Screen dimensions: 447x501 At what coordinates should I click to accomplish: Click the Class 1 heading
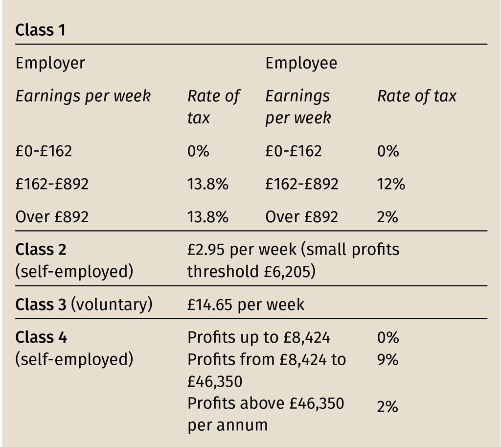pos(41,30)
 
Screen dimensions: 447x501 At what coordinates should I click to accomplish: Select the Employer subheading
pos(50,63)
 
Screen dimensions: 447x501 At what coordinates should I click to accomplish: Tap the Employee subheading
pos(301,63)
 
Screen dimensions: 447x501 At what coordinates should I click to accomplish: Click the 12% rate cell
pos(391,184)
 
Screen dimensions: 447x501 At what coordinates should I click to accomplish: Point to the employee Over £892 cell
pos(301,216)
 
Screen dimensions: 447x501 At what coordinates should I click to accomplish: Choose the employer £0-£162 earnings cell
pos(44,150)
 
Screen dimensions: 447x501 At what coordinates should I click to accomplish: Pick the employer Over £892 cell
pos(52,216)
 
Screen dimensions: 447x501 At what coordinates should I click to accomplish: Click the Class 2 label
pos(41,249)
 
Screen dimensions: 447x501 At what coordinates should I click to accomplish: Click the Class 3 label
pos(41,304)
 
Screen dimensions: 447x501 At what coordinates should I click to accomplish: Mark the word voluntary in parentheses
pos(112,304)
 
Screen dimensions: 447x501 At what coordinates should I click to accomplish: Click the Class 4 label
pos(41,337)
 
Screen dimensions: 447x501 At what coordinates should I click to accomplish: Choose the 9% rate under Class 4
pos(387,360)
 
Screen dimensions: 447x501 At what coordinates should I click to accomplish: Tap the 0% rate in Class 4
pos(387,337)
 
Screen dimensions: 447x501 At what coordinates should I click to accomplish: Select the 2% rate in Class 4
pos(387,406)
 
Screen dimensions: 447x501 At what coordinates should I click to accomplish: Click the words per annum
pos(228,424)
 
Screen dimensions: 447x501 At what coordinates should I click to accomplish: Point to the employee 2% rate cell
pos(387,216)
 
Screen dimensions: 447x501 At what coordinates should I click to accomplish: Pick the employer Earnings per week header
pos(83,96)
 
